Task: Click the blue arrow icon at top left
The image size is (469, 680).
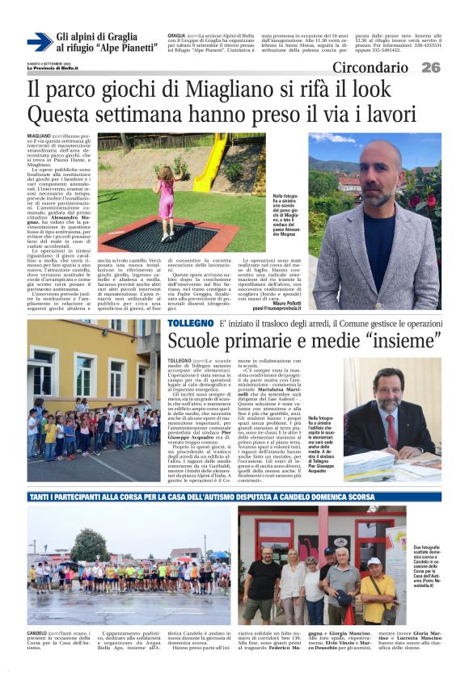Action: [x=40, y=41]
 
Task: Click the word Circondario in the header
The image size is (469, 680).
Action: [x=370, y=68]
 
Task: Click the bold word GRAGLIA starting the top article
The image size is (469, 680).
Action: [x=176, y=36]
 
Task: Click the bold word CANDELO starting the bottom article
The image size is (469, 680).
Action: [x=36, y=633]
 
